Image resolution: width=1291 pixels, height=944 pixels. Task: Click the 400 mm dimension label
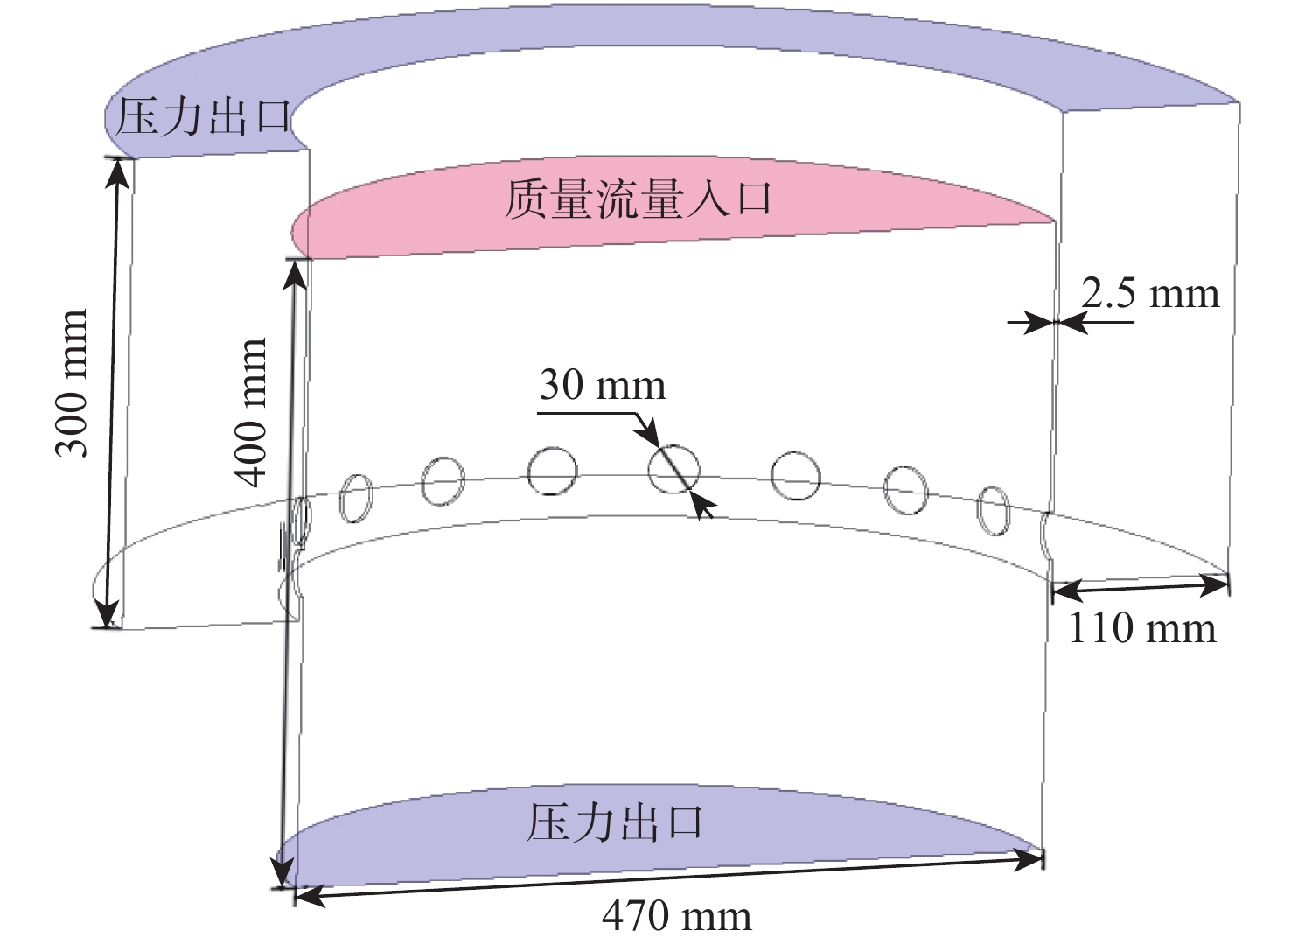click(250, 412)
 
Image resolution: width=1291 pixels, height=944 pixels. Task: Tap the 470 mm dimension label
click(676, 916)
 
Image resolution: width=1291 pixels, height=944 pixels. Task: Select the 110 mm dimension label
click(1141, 628)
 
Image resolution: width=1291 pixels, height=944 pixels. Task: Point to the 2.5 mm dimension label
click(1149, 293)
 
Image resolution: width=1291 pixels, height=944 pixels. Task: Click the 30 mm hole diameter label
click(602, 385)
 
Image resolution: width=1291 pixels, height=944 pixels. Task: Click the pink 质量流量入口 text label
click(639, 199)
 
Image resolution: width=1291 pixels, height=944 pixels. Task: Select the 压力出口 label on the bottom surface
click(615, 823)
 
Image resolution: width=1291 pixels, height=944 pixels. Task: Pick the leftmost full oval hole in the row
click(355, 498)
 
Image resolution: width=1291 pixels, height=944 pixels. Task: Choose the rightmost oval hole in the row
click(994, 509)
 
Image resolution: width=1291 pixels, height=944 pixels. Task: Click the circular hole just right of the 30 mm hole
click(795, 476)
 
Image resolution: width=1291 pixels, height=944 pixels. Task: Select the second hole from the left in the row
click(443, 480)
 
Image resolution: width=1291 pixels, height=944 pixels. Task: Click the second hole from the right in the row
click(905, 489)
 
